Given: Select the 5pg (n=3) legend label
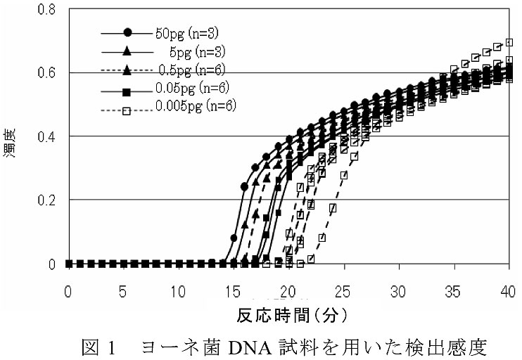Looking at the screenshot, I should pyautogui.click(x=199, y=51).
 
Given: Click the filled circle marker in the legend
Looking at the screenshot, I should pyautogui.click(x=127, y=32).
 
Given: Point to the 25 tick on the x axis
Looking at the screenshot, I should pyautogui.click(x=343, y=290).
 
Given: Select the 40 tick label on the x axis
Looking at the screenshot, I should pyautogui.click(x=508, y=290).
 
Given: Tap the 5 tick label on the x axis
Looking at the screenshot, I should pyautogui.click(x=123, y=290).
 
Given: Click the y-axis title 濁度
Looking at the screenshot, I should pyautogui.click(x=15, y=139).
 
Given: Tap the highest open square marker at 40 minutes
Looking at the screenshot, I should pyautogui.click(x=509, y=41).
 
